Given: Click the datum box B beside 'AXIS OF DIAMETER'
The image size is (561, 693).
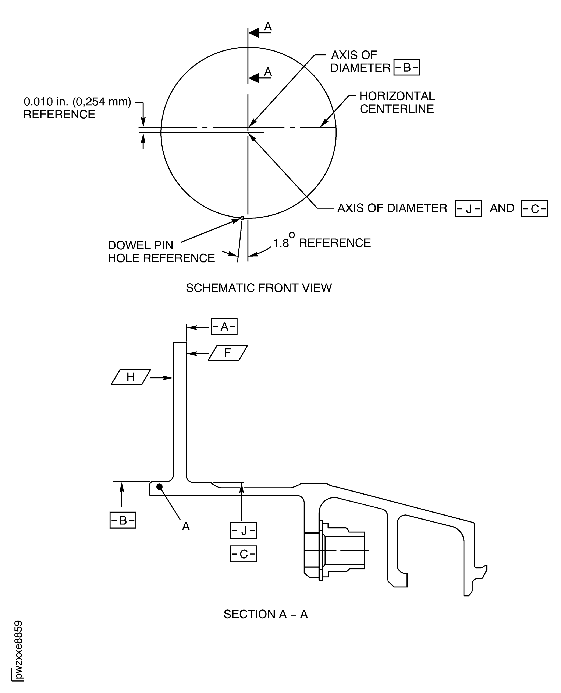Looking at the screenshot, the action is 407,67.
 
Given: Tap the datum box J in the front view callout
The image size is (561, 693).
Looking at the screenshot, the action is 468,209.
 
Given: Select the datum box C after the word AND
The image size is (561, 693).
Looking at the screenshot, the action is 535,209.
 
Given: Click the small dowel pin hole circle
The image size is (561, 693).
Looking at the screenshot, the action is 242,218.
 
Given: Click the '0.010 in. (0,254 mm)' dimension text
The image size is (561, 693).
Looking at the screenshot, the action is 78,102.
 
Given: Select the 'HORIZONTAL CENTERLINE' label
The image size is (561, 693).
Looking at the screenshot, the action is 397,102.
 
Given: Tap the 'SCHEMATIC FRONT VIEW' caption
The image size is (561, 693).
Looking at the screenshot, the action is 259,288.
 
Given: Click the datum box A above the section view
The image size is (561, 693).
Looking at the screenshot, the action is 224,326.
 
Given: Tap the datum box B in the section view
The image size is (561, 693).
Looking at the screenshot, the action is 123,520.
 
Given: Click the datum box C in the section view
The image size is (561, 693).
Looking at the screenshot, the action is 243,554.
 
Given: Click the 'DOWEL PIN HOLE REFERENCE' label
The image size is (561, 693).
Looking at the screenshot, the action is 161,251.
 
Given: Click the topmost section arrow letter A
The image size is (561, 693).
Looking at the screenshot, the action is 268,27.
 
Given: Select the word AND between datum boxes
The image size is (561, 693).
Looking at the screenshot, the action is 502,208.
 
